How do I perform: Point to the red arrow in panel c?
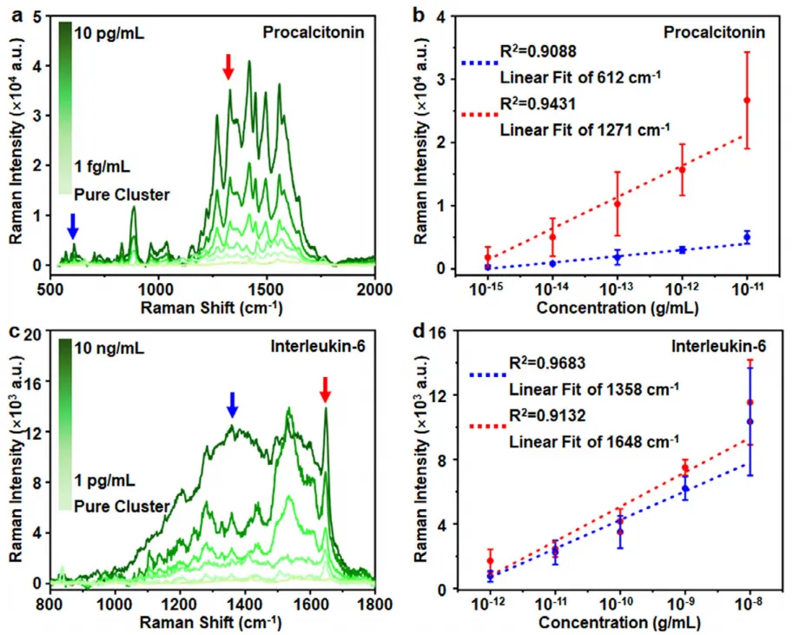(325, 388)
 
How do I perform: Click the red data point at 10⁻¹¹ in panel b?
(747, 101)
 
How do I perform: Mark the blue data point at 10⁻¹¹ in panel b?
(747, 236)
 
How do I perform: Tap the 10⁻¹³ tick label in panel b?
(617, 288)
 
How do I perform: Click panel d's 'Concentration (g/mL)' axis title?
(618, 622)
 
